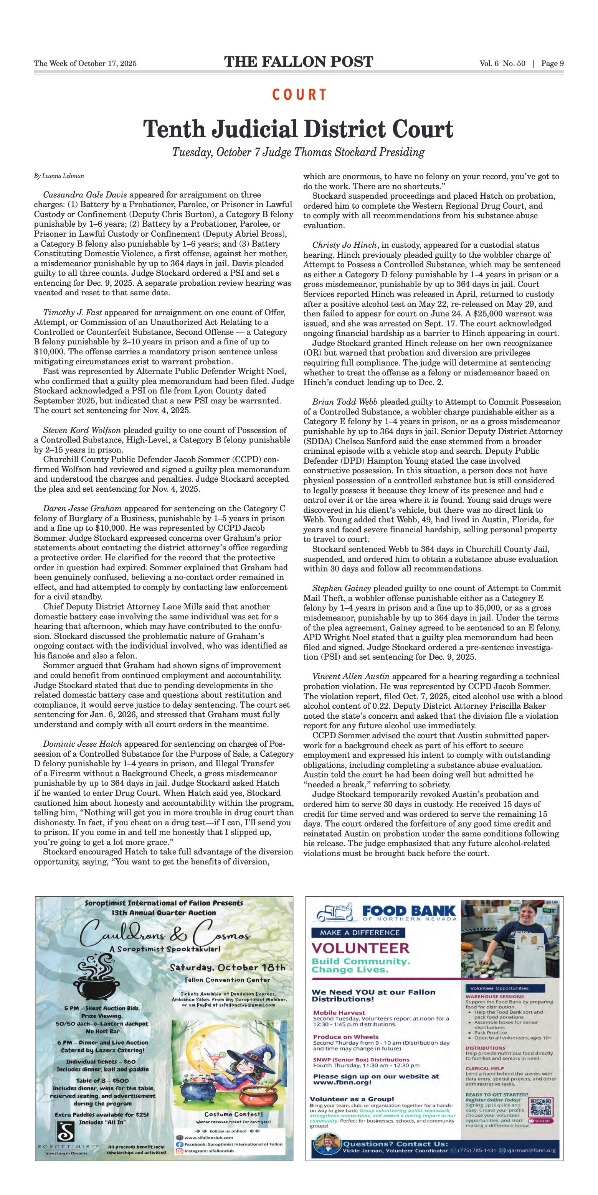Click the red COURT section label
299,95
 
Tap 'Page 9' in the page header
552,64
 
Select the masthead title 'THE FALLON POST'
299,62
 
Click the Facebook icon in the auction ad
180,1144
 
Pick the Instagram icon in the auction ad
180,1151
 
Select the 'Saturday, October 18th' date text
228,967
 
